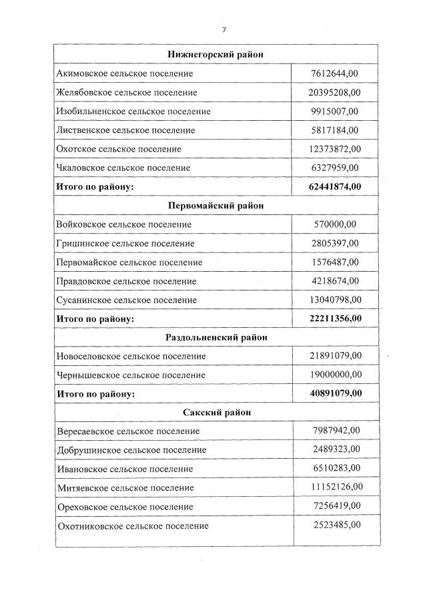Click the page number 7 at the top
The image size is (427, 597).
224,29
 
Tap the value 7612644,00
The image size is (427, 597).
334,73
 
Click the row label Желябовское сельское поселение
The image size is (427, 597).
127,92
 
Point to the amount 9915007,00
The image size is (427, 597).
334,111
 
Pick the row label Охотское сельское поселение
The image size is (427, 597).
119,149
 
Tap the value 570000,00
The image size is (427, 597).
334,224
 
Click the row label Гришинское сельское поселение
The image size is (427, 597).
125,244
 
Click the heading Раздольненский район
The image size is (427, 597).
216,337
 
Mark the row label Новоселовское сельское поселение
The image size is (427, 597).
131,357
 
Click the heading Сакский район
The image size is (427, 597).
216,413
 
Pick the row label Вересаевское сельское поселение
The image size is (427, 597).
128,431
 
